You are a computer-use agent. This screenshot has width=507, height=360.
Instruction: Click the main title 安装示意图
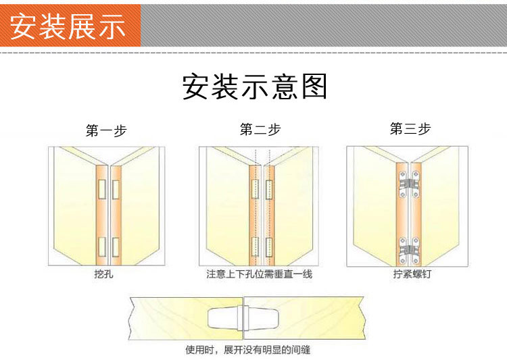pyautogui.click(x=255, y=87)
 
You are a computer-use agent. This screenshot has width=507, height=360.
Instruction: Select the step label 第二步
pyautogui.click(x=260, y=130)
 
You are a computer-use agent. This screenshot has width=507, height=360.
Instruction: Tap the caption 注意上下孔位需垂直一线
pyautogui.click(x=260, y=275)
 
